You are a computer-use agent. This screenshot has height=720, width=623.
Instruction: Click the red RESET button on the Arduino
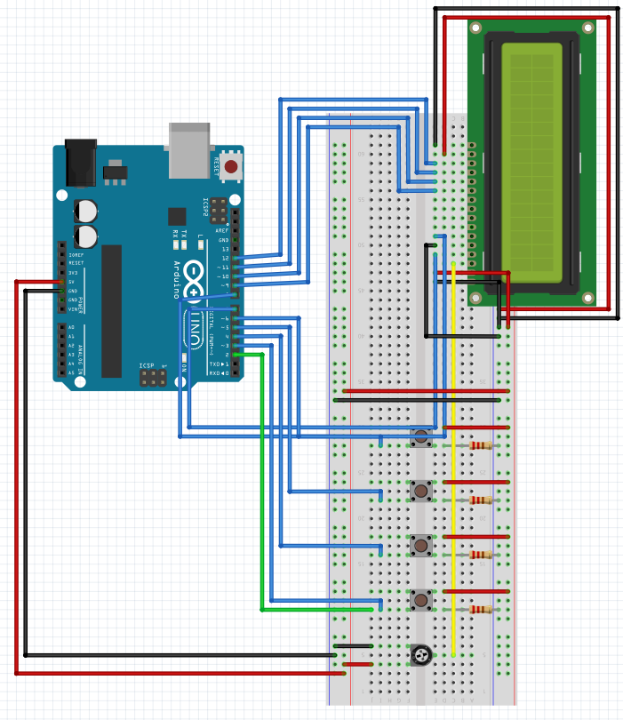pyautogui.click(x=231, y=166)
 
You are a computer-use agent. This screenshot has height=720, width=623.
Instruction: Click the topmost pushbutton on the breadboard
pyautogui.click(x=420, y=436)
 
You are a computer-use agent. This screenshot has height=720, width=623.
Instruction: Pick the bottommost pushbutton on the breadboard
pyautogui.click(x=420, y=601)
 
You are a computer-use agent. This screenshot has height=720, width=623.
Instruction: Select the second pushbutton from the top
pyautogui.click(x=420, y=490)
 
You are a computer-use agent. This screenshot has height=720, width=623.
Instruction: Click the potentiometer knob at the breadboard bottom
pyautogui.click(x=420, y=656)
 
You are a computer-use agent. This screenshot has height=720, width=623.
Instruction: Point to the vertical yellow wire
pyautogui.click(x=453, y=462)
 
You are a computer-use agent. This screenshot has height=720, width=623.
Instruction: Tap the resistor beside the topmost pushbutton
pyautogui.click(x=481, y=445)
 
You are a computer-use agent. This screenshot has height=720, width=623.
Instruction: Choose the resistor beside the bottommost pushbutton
pyautogui.click(x=481, y=610)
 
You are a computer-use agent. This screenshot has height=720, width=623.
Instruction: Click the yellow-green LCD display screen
pyautogui.click(x=531, y=160)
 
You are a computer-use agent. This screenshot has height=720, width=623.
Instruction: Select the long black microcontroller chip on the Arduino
pyautogui.click(x=111, y=311)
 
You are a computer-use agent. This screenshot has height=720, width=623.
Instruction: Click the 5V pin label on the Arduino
pyautogui.click(x=72, y=282)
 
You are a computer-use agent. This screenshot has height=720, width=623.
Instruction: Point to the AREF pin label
pyautogui.click(x=222, y=230)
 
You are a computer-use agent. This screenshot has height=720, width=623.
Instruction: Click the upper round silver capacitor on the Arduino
pyautogui.click(x=86, y=211)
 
